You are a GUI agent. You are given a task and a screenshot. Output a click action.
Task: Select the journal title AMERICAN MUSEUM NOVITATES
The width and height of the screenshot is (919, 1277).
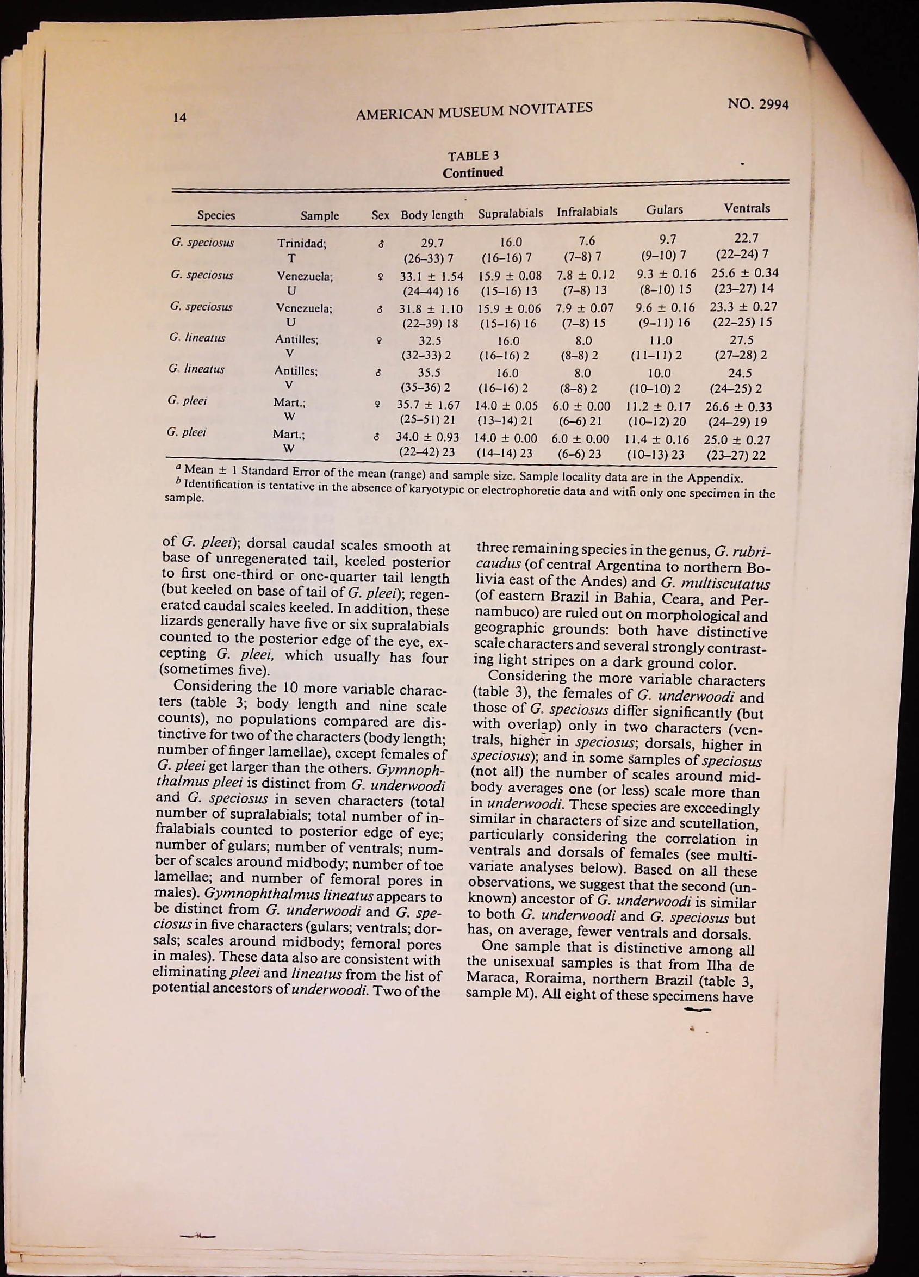coord(475,110)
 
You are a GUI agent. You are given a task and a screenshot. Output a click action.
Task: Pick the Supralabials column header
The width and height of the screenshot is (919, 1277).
coord(510,213)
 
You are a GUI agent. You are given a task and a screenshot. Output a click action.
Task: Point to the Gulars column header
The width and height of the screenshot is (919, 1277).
coord(665,210)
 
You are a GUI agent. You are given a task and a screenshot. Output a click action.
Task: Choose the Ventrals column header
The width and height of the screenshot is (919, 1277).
coord(747,208)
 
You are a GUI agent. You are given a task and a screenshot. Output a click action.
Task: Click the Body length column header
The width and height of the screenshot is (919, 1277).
coord(432,214)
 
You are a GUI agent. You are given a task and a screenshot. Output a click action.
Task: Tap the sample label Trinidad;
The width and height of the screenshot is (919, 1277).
coord(302,244)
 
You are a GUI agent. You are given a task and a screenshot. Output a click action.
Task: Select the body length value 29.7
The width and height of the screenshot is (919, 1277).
coord(432,243)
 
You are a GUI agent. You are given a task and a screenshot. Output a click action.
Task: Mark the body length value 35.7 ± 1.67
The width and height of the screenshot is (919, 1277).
coord(429,405)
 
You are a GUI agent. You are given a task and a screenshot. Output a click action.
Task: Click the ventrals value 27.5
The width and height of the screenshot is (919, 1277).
coord(742,340)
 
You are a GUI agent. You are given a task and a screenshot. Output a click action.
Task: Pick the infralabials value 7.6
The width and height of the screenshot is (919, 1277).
coord(587,241)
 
